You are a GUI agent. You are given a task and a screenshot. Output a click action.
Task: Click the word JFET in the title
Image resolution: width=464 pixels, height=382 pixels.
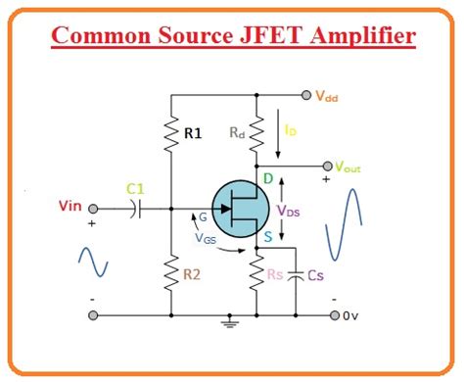pos(273,38)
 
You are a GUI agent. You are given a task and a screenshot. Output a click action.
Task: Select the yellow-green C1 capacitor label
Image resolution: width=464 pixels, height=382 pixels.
pos(137,189)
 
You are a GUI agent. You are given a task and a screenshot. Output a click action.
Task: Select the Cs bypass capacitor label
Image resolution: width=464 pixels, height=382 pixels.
pos(315,277)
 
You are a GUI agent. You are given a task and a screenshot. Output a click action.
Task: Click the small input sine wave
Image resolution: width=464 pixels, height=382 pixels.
pos(94,262)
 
